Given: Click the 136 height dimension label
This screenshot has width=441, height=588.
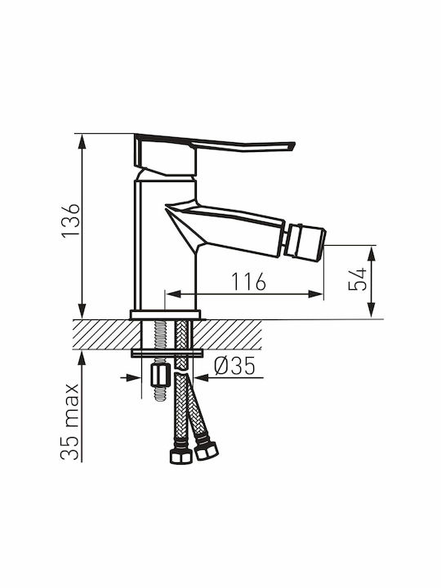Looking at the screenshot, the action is click(x=71, y=220).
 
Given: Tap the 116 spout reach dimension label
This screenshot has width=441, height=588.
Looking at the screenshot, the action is click(x=248, y=281).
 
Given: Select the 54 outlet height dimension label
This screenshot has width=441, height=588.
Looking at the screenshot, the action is click(x=357, y=279).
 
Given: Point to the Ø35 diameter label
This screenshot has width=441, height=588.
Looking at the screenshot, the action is click(x=234, y=366).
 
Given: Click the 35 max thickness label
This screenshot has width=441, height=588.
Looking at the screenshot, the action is click(x=70, y=422).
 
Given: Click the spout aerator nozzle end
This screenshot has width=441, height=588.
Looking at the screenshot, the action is click(x=305, y=241).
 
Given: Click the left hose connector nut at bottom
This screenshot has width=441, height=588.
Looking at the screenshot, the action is click(x=180, y=455).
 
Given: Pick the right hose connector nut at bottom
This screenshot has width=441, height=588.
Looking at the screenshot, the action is click(x=207, y=450).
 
